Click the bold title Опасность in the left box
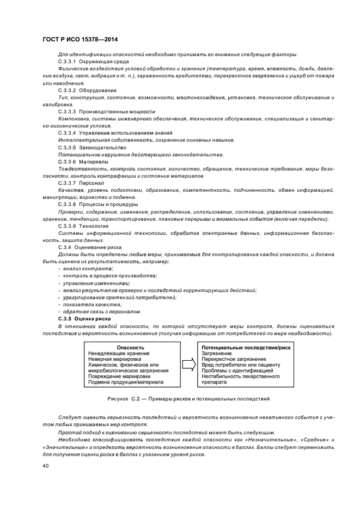(x=131, y=347)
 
